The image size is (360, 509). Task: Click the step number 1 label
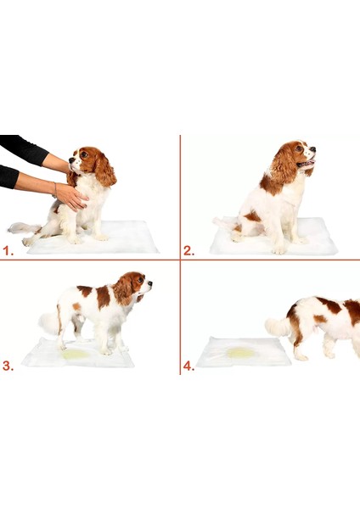(7, 251)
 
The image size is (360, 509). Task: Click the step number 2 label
(188, 251)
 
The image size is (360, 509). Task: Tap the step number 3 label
(8, 366)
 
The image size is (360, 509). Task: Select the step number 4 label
(188, 366)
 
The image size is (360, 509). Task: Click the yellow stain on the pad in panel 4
(241, 351)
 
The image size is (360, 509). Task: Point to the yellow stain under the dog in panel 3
(76, 354)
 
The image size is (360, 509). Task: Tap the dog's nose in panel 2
(314, 152)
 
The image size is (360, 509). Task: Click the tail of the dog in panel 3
(48, 322)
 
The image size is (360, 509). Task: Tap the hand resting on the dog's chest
(71, 198)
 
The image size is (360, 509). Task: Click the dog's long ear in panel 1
(104, 172)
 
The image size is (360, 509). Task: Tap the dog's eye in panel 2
(300, 149)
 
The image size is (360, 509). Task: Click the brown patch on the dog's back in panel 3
(102, 296)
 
